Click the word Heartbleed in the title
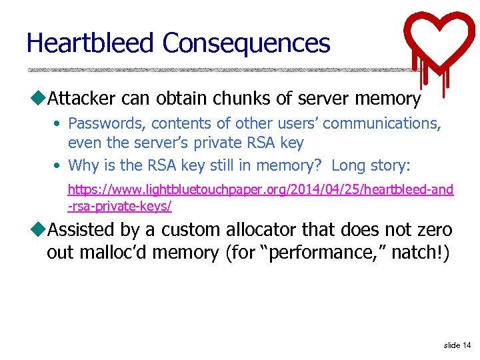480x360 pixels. click(x=91, y=43)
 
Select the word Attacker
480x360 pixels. click(x=83, y=99)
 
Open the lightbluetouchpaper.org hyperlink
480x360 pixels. click(x=260, y=190)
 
